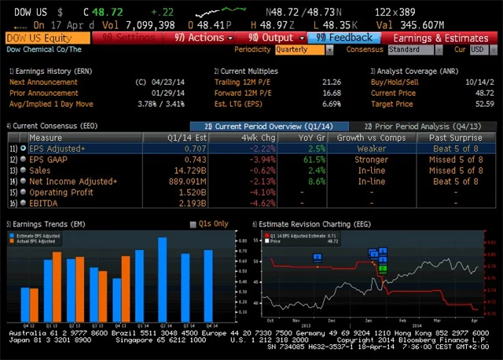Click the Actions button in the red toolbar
[203, 38]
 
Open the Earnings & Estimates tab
[440, 38]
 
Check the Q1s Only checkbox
[193, 224]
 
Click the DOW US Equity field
[47, 38]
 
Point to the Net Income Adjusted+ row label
[73, 181]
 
